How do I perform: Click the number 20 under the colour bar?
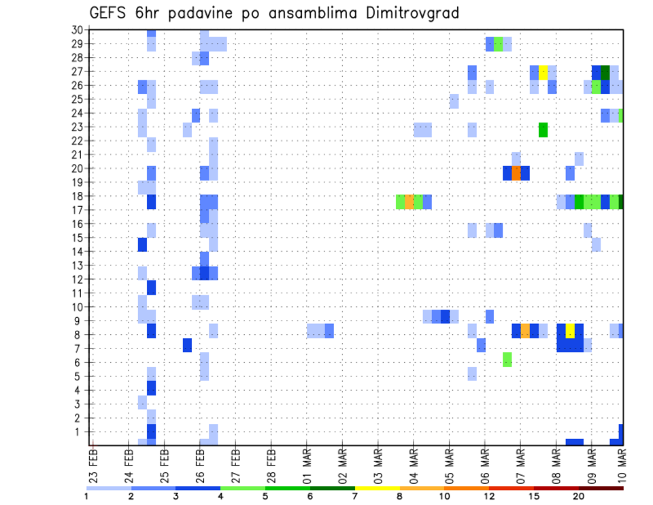(578, 495)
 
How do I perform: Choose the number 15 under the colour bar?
(533, 495)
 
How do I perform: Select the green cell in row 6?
(507, 359)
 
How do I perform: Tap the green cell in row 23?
(543, 129)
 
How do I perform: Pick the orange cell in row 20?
(516, 173)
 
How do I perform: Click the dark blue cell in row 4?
(151, 388)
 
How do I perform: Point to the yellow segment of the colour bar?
(377, 487)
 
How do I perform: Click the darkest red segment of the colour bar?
(601, 487)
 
